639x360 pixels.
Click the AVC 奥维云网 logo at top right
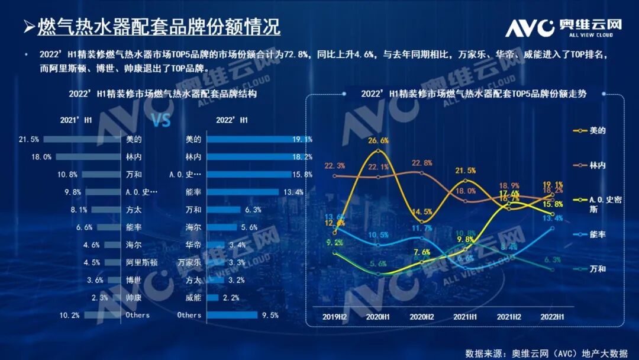563,27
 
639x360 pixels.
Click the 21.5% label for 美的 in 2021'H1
28,140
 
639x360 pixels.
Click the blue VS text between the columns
162,121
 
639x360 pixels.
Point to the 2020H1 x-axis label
378,317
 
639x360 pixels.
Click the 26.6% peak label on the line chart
378,141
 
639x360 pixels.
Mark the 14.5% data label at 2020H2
421,212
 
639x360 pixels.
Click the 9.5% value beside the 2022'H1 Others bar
270,315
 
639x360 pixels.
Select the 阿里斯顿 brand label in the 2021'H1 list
141,262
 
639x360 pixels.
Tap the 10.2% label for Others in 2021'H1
69,315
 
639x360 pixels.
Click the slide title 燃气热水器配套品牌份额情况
159,27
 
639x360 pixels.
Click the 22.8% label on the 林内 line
421,163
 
